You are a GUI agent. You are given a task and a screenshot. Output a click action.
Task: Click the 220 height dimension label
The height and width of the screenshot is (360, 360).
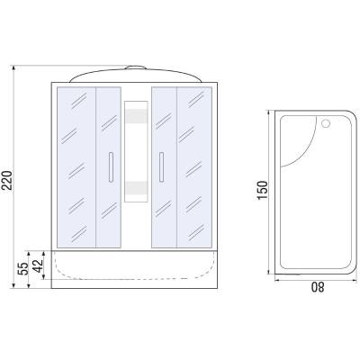point(6,180)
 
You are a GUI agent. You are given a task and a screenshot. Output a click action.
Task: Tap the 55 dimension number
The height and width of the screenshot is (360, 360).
point(23,268)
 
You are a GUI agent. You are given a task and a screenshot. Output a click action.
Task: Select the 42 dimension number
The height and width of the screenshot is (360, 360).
point(38,265)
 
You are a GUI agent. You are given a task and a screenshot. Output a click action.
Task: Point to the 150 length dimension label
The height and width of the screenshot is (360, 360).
point(262,190)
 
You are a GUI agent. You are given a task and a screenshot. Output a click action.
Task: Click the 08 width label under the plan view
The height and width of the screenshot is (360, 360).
point(318,287)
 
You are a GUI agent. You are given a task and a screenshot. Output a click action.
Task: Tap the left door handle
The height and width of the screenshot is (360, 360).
point(111,167)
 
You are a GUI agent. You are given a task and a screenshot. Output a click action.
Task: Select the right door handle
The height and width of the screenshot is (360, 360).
point(161,167)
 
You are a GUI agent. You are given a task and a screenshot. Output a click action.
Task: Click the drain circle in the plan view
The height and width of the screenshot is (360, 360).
point(326,123)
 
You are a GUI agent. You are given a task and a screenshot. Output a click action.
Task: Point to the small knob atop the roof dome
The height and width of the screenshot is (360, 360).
point(136,67)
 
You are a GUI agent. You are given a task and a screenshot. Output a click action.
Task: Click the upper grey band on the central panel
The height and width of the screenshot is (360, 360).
point(136,116)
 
